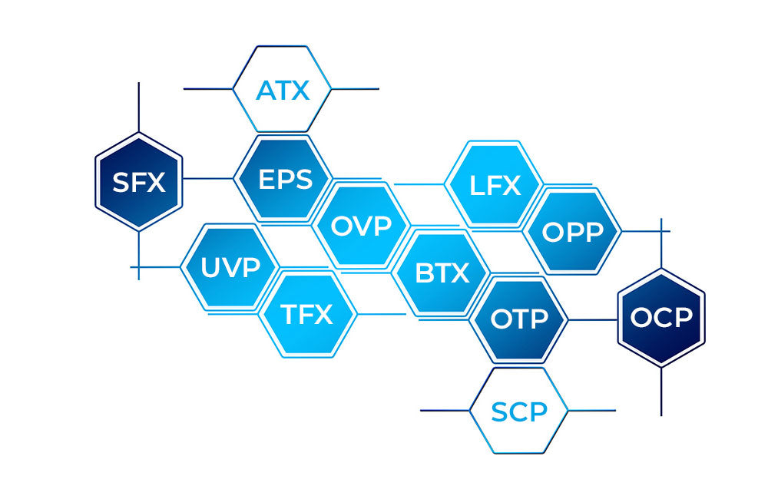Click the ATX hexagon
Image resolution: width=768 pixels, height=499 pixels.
tap(283, 89)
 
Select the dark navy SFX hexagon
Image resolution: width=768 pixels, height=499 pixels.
tap(138, 182)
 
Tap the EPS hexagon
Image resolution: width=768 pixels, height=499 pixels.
tap(285, 179)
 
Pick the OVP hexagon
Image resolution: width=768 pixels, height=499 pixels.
tap(360, 226)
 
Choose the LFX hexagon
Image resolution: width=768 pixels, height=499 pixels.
tap(494, 185)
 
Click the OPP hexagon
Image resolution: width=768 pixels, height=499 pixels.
tap(572, 231)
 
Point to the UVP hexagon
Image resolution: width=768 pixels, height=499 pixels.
tap(229, 267)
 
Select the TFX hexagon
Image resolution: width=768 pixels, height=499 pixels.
tap(306, 313)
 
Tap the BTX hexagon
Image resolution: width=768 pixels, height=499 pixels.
tap(442, 273)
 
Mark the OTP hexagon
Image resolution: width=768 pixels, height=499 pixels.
tap(519, 319)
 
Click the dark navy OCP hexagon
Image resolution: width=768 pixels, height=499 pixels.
tap(661, 316)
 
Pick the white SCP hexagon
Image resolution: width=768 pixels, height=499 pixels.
tap(518, 411)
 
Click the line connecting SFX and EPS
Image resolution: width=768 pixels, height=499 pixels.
tap(208, 179)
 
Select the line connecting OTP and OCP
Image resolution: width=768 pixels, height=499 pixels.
tap(592, 319)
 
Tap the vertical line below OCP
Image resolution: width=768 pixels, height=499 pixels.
tap(661, 392)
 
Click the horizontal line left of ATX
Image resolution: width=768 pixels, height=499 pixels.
tap(207, 89)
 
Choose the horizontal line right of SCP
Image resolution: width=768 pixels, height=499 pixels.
tap(591, 411)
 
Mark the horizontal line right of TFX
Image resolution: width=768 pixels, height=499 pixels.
tap(381, 313)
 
